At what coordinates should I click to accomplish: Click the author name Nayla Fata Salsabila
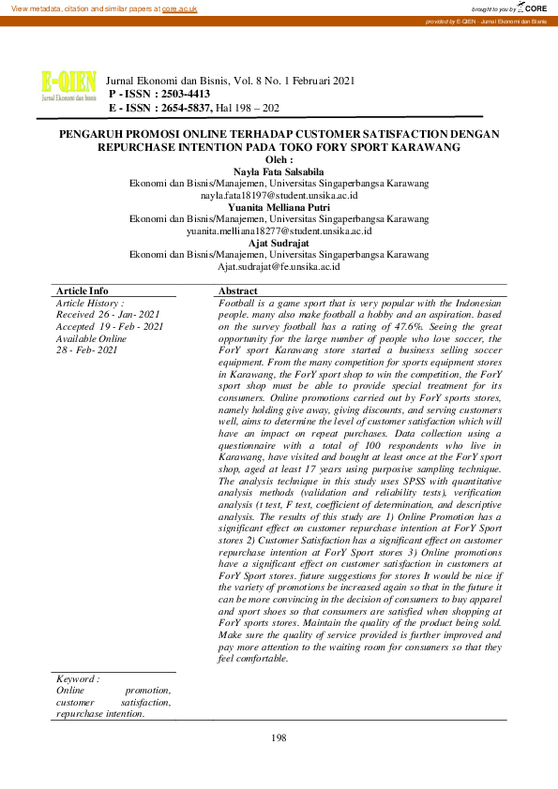tap(279, 171)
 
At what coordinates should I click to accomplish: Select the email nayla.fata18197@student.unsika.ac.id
tap(279, 196)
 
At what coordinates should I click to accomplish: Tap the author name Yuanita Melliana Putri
tap(279, 207)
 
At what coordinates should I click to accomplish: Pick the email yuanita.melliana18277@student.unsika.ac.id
tap(279, 231)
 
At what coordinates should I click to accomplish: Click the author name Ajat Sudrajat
tap(279, 242)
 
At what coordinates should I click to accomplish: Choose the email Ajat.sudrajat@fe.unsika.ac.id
tap(279, 266)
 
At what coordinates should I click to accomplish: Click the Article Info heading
tap(82, 291)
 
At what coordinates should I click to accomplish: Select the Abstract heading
tap(237, 291)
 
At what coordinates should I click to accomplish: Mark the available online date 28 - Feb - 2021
tap(86, 350)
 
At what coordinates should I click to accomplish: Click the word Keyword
tap(78, 678)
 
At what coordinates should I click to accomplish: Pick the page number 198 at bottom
tap(279, 738)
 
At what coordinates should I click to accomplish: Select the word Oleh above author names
tap(279, 160)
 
